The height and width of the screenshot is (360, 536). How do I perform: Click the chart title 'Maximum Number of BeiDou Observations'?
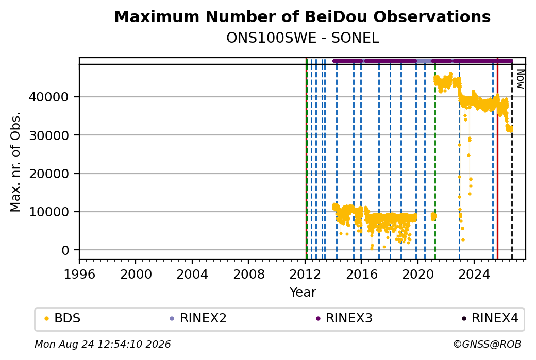[302, 16]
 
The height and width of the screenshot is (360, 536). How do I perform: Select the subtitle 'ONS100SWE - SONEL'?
[303, 38]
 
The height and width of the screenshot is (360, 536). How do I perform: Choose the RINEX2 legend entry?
[198, 318]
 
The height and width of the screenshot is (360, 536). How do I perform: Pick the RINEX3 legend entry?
[344, 318]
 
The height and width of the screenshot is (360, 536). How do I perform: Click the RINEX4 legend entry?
[490, 318]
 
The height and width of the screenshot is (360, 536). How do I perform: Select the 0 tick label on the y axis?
[65, 250]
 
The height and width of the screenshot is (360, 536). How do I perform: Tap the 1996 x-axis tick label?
[79, 275]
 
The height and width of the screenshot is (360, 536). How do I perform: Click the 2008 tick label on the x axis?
[248, 275]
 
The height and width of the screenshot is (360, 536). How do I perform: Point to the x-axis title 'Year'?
[303, 293]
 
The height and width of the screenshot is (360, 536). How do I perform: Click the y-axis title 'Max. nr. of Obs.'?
[15, 162]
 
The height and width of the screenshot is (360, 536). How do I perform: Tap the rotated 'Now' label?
[520, 79]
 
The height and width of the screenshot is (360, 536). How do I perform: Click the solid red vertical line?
[497, 159]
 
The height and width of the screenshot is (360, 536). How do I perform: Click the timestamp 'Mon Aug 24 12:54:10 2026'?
[103, 344]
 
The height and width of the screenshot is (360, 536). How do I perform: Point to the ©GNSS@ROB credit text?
[487, 344]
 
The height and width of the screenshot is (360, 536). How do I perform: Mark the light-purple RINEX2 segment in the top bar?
[424, 61]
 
